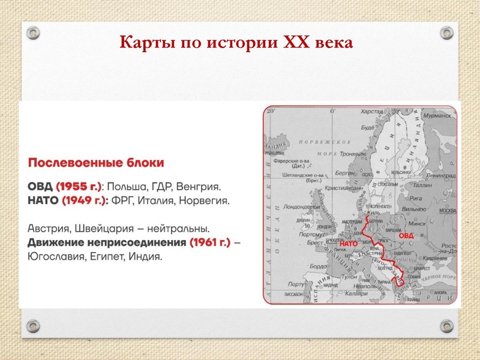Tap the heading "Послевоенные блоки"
coord(96,163)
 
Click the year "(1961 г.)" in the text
coord(210,243)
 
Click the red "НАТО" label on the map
coord(349,244)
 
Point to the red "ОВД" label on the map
coord(407,235)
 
